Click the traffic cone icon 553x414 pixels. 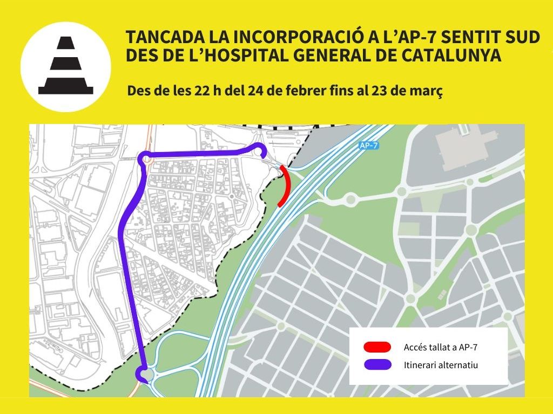[65, 66]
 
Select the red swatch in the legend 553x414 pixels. [377, 347]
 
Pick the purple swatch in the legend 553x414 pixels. [377, 365]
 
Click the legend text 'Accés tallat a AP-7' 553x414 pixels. [440, 347]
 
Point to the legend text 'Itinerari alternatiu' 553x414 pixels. [441, 365]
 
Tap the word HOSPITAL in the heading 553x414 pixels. [260, 56]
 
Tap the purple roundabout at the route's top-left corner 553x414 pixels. [145, 158]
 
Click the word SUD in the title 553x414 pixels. [522, 37]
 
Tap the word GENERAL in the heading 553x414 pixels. [340, 56]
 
